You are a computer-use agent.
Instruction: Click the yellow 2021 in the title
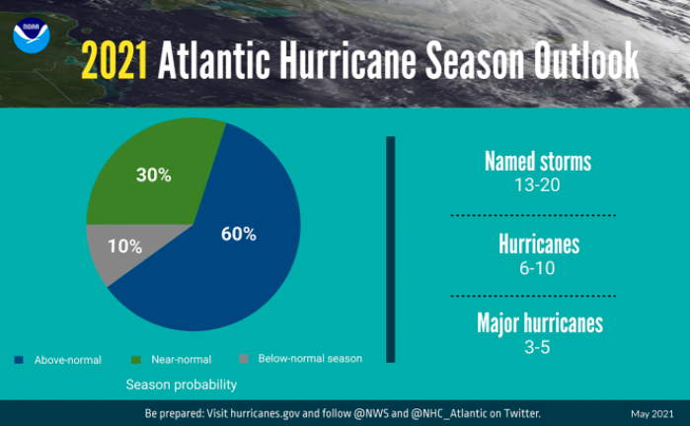pyautogui.click(x=115, y=63)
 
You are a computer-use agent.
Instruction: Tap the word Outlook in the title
pyautogui.click(x=581, y=63)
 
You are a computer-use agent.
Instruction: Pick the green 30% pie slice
pyautogui.click(x=148, y=177)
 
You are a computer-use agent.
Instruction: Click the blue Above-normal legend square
pyautogui.click(x=20, y=359)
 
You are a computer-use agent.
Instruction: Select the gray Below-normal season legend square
pyautogui.click(x=245, y=359)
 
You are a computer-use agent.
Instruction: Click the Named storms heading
pyautogui.click(x=538, y=161)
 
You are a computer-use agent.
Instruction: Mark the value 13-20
pyautogui.click(x=538, y=183)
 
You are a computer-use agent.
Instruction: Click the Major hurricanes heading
pyautogui.click(x=539, y=322)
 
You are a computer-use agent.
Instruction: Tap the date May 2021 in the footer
pyautogui.click(x=652, y=413)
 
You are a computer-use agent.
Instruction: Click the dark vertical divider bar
pyautogui.click(x=390, y=248)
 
